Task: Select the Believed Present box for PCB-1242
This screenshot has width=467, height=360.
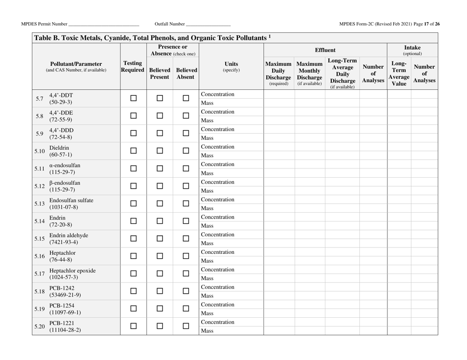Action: (160, 292)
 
